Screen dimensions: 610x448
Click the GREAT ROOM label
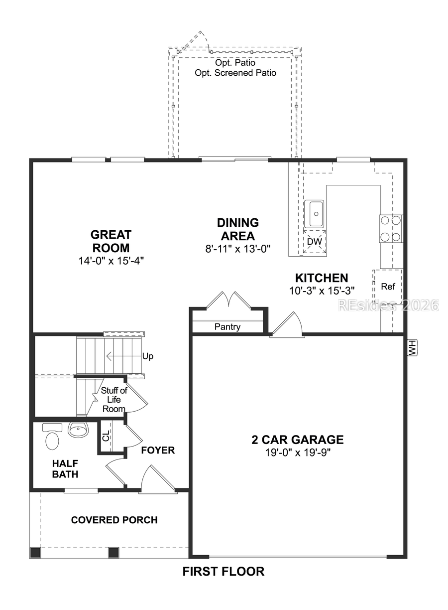[x=111, y=241]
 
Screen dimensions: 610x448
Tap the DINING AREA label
[x=237, y=229]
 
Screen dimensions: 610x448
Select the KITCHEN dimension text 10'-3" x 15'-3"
[x=321, y=291]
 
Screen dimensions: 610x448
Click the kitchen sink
[x=315, y=213]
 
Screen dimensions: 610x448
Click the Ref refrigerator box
[x=388, y=287]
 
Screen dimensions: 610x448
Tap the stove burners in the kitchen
[x=391, y=228]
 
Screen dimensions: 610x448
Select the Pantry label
[x=227, y=327]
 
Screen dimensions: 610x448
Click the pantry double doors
[x=227, y=301]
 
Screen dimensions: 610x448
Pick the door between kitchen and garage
[x=287, y=326]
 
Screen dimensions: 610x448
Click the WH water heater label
[x=412, y=348]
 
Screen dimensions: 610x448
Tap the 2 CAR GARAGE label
[x=297, y=440]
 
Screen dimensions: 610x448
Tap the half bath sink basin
[x=77, y=429]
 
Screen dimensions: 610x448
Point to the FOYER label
[x=158, y=451]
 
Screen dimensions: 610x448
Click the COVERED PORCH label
[x=114, y=520]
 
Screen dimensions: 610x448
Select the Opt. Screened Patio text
[x=235, y=73]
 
